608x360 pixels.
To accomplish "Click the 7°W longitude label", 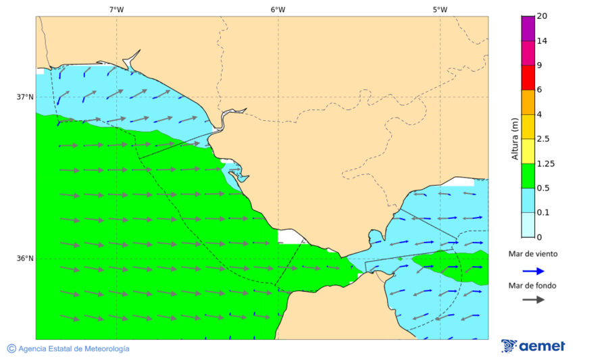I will tap(116, 9).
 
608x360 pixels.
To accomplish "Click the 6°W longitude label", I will tap(278, 9).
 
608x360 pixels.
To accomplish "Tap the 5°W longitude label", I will tap(440, 9).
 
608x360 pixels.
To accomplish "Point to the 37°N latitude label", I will tap(25, 97).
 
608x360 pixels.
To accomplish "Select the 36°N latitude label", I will tap(25, 258).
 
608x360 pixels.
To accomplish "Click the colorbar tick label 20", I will tap(542, 16).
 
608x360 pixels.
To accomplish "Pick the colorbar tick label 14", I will tap(542, 41).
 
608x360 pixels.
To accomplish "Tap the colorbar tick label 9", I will tap(539, 66).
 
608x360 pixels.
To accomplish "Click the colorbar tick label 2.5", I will tap(542, 139).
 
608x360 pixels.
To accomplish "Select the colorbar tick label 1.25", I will tap(544, 163).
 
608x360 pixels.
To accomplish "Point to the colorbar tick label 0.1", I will tap(542, 213).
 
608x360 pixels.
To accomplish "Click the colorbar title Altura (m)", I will tap(515, 138).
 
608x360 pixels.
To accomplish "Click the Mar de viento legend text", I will tap(533, 254).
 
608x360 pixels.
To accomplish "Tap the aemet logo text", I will tap(542, 346).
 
